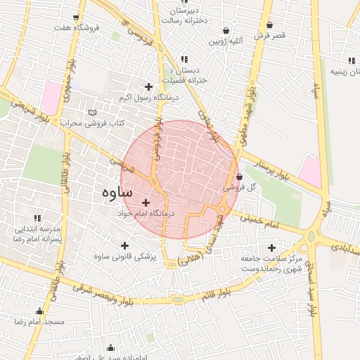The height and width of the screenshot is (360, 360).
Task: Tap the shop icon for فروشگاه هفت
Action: pos(75,17)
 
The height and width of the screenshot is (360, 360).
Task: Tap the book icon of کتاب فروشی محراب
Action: pos(92,112)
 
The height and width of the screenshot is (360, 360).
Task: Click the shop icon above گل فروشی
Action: pos(239,177)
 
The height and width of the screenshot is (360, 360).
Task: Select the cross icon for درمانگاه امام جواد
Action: pos(146,202)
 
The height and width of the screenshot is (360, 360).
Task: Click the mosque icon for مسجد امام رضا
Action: pos(39,311)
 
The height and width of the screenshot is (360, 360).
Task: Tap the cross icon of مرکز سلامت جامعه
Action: pos(272,247)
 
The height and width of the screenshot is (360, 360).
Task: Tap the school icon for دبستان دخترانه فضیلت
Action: pos(184,60)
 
